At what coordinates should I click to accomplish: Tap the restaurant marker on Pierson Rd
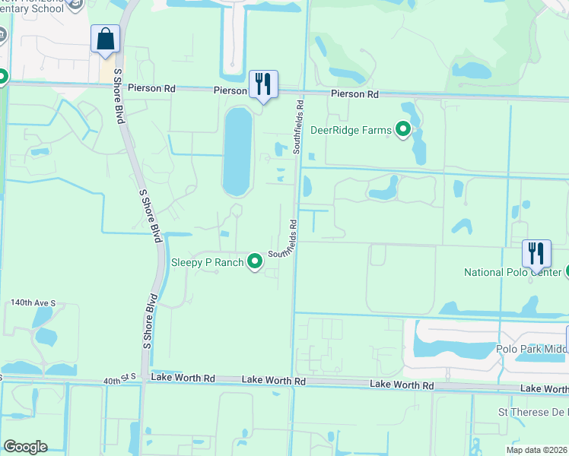click(x=263, y=84)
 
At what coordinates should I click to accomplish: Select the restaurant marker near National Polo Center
click(x=536, y=253)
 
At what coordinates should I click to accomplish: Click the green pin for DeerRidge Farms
click(x=403, y=130)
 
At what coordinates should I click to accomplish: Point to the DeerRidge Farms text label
click(x=351, y=130)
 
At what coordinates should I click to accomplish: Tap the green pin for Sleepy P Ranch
click(x=255, y=262)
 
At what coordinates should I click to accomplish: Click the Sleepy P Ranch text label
click(x=207, y=262)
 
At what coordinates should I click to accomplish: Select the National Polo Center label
click(x=513, y=272)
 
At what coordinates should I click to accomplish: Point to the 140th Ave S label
click(x=33, y=302)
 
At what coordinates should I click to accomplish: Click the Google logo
click(x=25, y=447)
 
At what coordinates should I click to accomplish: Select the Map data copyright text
click(x=536, y=450)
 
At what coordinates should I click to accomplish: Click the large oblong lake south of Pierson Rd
click(x=237, y=152)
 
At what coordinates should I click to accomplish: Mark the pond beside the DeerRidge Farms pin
click(x=418, y=144)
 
